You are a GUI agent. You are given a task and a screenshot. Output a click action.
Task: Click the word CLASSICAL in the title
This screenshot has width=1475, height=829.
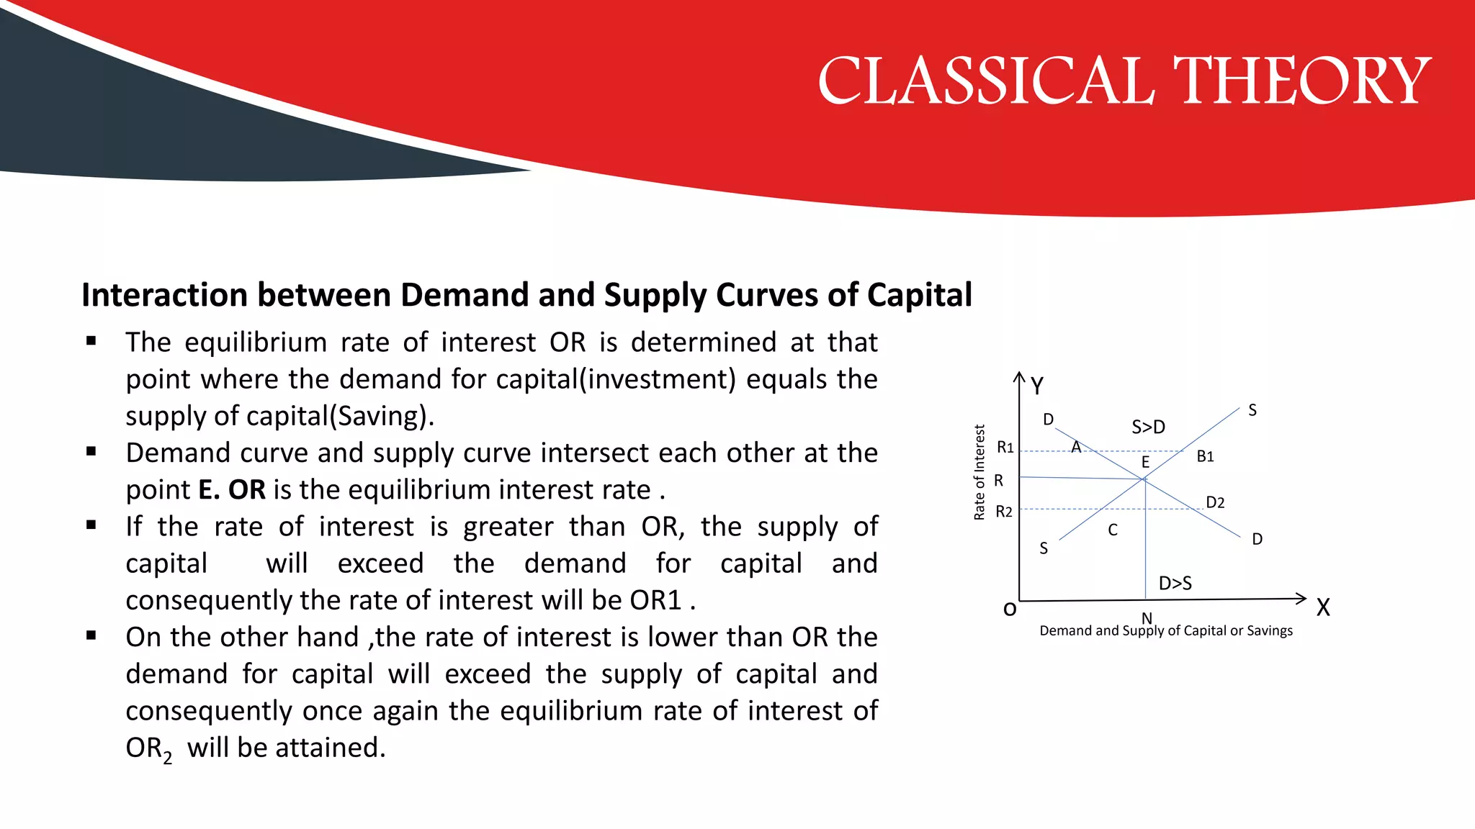(986, 81)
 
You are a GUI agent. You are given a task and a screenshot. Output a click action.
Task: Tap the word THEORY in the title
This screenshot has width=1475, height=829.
(1302, 81)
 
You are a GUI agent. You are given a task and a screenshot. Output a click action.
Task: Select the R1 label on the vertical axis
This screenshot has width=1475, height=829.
(1005, 448)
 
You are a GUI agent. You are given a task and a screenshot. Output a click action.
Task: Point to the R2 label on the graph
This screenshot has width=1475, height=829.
(1004, 512)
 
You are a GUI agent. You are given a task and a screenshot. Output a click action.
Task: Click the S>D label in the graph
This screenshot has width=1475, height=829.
(1148, 427)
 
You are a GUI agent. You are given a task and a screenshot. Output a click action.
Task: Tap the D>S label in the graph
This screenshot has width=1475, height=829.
(1175, 583)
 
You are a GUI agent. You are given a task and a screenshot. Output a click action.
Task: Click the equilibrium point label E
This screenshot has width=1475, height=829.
(1145, 462)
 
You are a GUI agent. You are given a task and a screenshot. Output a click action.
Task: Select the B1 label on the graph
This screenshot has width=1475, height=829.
(1205, 456)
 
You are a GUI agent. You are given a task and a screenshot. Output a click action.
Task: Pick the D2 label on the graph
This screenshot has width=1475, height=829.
(1215, 502)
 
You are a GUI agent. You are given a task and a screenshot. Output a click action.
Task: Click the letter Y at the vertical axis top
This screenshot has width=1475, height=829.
(1037, 386)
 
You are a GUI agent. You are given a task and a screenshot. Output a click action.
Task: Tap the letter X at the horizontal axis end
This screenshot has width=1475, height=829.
(1323, 608)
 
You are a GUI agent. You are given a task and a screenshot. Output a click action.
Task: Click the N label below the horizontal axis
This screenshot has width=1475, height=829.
(1147, 617)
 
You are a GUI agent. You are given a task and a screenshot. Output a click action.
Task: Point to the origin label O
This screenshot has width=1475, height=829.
(1010, 610)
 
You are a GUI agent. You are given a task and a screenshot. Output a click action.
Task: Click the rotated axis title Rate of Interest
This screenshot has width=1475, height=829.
(979, 472)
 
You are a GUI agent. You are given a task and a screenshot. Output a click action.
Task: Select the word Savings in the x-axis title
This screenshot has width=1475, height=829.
(1270, 631)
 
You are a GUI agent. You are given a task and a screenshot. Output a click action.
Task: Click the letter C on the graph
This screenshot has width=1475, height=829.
(1113, 530)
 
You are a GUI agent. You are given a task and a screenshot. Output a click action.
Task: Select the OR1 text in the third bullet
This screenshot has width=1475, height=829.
(655, 600)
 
